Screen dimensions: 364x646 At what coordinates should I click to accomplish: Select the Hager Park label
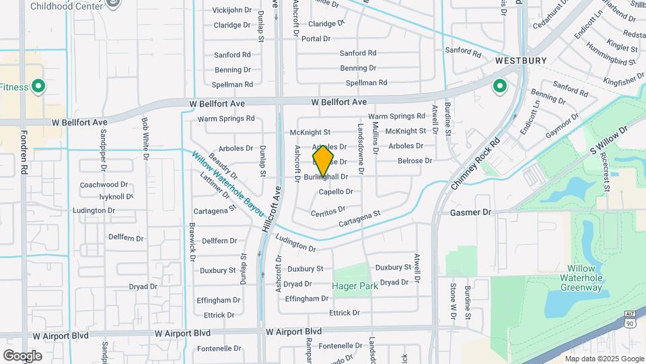point(355,286)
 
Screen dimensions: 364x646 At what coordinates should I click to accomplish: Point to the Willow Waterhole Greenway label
point(581,282)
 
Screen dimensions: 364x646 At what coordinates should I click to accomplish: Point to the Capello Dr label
point(336,192)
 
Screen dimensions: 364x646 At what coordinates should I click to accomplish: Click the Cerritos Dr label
point(328,212)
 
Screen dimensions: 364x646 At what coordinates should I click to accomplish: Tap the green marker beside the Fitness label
point(38,86)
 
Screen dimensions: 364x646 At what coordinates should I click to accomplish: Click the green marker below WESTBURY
point(499,86)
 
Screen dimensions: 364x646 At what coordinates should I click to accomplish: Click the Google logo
point(22,355)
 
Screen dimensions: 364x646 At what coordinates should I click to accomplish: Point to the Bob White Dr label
point(145,133)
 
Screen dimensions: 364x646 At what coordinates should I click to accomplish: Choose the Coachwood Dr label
point(104,185)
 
